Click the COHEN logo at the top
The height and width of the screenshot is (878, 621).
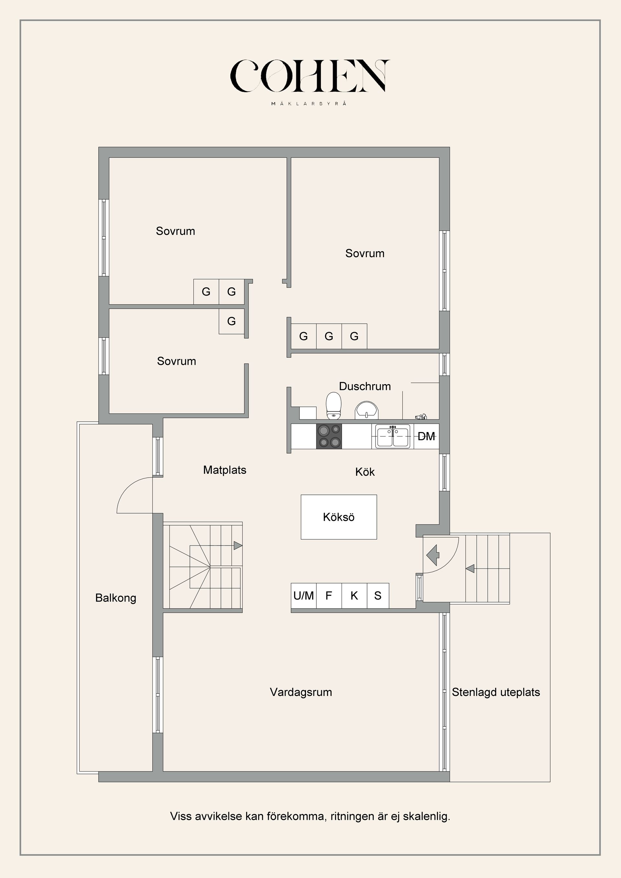pyautogui.click(x=310, y=76)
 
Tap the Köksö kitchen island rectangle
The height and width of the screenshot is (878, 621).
pyautogui.click(x=338, y=517)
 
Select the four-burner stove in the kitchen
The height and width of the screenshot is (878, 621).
pyautogui.click(x=329, y=436)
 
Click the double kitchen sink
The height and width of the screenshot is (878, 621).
pyautogui.click(x=392, y=436)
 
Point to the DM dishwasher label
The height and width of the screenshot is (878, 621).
pyautogui.click(x=426, y=436)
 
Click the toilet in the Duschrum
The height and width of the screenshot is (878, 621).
pyautogui.click(x=333, y=405)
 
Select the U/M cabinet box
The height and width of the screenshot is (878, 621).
pyautogui.click(x=303, y=595)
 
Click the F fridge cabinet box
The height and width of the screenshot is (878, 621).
pyautogui.click(x=329, y=595)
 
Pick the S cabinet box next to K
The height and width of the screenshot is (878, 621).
pyautogui.click(x=378, y=595)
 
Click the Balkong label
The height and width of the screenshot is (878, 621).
pyautogui.click(x=115, y=598)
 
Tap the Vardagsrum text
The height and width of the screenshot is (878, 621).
pyautogui.click(x=300, y=692)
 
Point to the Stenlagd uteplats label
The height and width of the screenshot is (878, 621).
pyautogui.click(x=496, y=692)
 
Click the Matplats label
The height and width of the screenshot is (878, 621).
pyautogui.click(x=224, y=470)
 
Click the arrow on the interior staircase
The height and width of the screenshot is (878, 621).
pyautogui.click(x=237, y=546)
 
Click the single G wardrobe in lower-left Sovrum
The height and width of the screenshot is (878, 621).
pyautogui.click(x=231, y=321)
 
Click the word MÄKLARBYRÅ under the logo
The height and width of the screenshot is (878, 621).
pyautogui.click(x=309, y=103)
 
